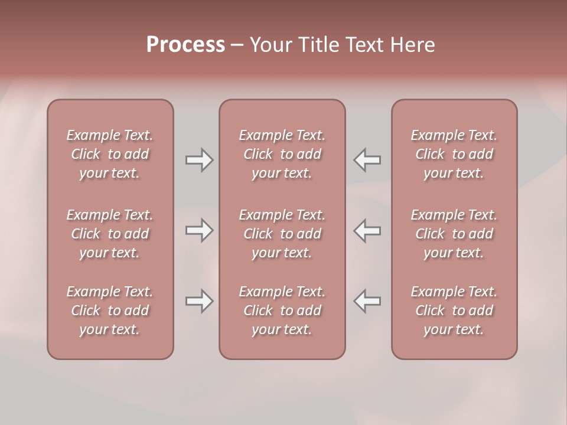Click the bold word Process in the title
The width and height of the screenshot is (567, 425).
tap(185, 45)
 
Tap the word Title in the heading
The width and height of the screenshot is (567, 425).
tap(319, 45)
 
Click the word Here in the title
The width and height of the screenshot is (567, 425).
tap(413, 45)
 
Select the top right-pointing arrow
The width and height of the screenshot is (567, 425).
tap(200, 160)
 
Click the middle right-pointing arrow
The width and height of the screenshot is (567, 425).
tap(200, 230)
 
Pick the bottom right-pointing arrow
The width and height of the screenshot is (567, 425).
tap(200, 301)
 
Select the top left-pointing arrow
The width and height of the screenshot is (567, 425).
tap(367, 160)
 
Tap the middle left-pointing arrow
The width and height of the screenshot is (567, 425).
tap(367, 230)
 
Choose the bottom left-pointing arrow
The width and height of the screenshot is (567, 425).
tap(367, 301)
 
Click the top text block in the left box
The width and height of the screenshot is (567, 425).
tap(110, 154)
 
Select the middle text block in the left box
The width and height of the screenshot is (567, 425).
tap(110, 234)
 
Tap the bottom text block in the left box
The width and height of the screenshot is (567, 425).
tap(110, 310)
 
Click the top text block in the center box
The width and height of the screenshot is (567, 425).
tap(282, 154)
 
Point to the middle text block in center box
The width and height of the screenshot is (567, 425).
tap(282, 234)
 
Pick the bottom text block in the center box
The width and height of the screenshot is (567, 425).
tap(282, 310)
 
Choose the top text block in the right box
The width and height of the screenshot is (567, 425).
tap(454, 154)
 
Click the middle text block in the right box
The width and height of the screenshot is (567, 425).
tap(454, 234)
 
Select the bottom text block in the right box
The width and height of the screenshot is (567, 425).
tap(454, 310)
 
